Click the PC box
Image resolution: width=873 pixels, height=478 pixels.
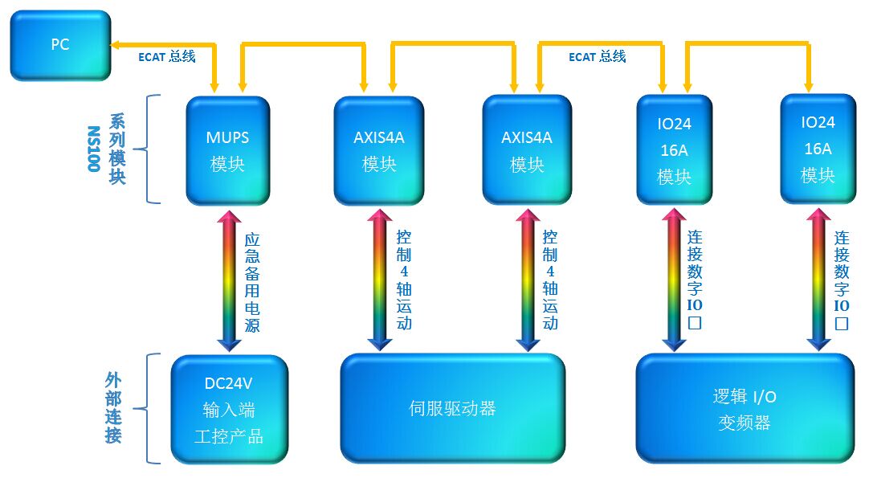click(61, 45)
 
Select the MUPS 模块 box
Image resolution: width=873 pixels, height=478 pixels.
click(228, 150)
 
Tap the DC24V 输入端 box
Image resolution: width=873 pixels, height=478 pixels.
click(229, 410)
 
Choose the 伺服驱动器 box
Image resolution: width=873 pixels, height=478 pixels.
click(453, 408)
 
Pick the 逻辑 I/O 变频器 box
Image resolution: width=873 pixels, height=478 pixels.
click(745, 408)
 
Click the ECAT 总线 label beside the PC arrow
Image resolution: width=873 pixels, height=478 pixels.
click(167, 56)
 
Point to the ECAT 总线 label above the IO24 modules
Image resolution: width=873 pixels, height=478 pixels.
click(598, 56)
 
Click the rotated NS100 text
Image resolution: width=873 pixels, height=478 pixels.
click(93, 149)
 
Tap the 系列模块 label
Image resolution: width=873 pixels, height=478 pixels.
click(117, 149)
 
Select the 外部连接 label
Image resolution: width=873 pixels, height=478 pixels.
click(113, 408)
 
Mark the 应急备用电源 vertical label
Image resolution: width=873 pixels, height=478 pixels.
click(252, 283)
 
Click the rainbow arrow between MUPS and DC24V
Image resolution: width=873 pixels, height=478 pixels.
click(229, 280)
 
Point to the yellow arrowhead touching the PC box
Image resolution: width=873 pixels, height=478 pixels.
click(116, 45)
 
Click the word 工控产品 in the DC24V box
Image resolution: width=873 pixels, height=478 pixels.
click(229, 436)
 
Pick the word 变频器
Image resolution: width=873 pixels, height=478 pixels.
click(744, 423)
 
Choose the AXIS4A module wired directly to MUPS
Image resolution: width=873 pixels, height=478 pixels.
click(379, 150)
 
